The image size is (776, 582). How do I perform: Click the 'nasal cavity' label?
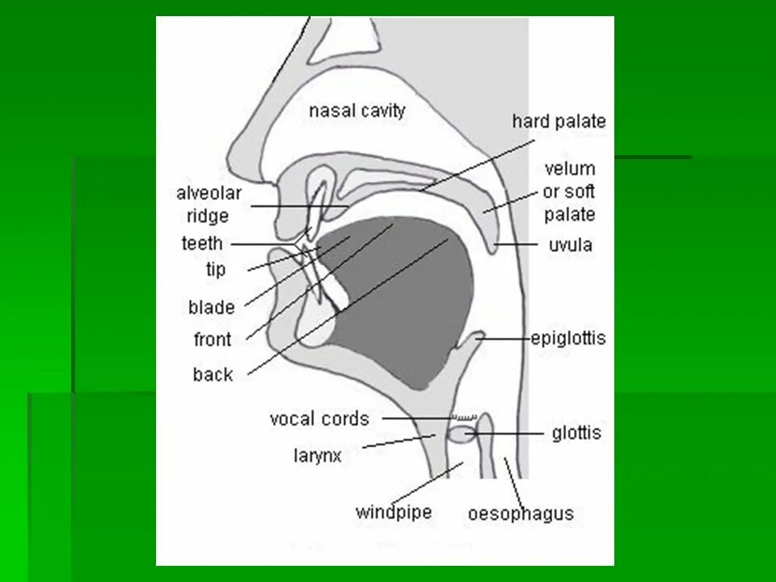[356, 110]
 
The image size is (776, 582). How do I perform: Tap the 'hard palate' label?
[558, 121]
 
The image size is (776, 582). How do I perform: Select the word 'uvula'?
[569, 244]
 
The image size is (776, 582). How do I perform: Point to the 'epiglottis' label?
[567, 338]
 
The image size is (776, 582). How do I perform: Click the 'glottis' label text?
[576, 433]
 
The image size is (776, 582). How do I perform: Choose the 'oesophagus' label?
[521, 513]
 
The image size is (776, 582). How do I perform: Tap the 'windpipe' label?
[394, 512]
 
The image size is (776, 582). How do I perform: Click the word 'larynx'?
[317, 455]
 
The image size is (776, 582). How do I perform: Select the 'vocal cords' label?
[318, 419]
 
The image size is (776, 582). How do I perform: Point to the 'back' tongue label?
[213, 374]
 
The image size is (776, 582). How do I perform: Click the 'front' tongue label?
[212, 339]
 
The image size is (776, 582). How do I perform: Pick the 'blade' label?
[211, 307]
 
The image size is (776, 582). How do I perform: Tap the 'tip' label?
[215, 269]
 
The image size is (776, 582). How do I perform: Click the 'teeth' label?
[202, 243]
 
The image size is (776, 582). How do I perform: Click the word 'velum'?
[569, 169]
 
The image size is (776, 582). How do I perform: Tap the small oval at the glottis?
[459, 435]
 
